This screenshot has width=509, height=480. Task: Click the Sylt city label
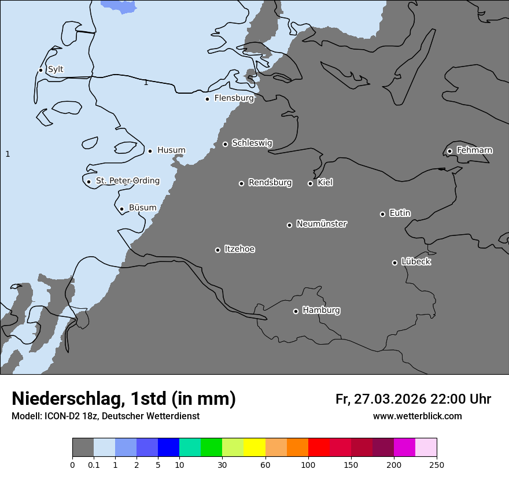56,69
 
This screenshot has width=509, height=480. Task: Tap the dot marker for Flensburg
207,99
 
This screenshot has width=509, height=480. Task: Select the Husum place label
171,150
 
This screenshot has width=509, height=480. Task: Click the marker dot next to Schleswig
225,144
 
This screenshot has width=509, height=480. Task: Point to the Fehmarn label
474,150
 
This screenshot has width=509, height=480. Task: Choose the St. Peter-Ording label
128,181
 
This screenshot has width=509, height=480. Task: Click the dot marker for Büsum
121,209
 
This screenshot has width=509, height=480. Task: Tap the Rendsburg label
270,183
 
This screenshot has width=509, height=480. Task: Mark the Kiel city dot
310,183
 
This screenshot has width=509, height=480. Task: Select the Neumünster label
322,224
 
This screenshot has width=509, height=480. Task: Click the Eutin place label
400,213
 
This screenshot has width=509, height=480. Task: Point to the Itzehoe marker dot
217,250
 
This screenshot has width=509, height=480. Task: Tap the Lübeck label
416,262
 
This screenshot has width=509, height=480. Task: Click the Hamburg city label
321,311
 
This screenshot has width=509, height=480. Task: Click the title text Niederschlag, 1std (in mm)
124,398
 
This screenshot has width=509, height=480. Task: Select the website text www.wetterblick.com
418,416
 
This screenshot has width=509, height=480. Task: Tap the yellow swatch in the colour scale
254,448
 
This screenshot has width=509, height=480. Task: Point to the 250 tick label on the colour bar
437,464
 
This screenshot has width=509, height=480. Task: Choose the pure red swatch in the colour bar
319,448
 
